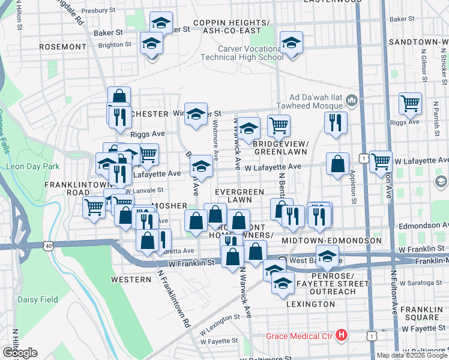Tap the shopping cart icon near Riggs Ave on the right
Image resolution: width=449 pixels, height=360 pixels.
410,103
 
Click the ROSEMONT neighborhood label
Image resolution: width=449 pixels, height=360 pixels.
62,46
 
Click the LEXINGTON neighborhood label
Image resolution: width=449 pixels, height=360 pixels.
311,304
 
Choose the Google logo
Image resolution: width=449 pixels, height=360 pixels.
19,353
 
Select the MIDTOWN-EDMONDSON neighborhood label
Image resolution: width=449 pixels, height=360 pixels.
332,241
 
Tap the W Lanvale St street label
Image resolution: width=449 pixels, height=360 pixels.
144,190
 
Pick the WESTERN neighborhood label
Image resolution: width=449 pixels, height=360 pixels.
131,280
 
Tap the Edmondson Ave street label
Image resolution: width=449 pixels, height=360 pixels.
424,226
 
